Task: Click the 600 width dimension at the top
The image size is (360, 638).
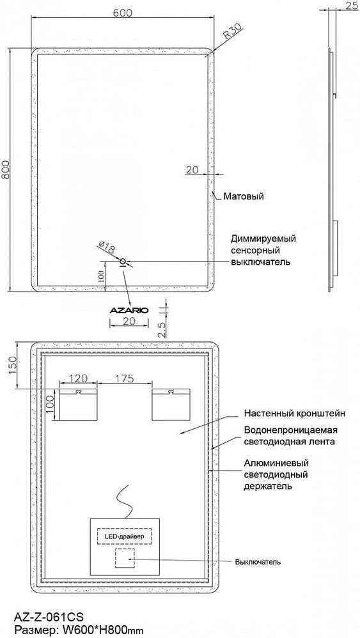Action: tap(122, 13)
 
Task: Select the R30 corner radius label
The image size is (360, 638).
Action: tap(233, 31)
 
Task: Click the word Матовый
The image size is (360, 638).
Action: tap(244, 196)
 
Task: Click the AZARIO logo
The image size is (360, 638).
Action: tap(129, 311)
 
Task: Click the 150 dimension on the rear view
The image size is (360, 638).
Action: tap(12, 366)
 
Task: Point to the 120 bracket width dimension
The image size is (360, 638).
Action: tap(78, 379)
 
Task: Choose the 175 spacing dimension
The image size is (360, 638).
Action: tap(125, 379)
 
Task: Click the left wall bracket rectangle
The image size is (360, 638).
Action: tap(79, 404)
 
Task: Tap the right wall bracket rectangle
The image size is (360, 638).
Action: tap(171, 404)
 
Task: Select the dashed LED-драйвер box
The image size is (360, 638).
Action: tap(124, 536)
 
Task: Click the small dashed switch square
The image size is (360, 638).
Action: tap(125, 558)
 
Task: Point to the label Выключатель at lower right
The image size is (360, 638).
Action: tap(258, 563)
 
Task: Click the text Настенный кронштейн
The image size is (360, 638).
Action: tap(295, 414)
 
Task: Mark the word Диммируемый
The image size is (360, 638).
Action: tap(263, 238)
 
